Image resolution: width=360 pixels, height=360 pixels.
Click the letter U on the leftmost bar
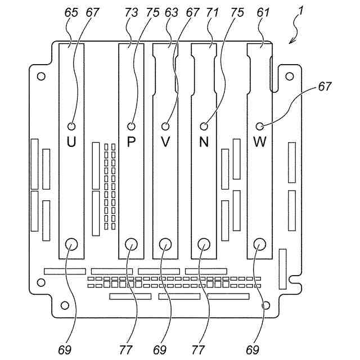(x=71, y=142)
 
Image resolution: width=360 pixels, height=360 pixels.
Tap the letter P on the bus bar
(x=131, y=142)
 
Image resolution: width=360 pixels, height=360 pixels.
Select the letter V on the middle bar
(x=165, y=142)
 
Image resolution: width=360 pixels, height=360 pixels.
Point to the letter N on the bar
(x=204, y=142)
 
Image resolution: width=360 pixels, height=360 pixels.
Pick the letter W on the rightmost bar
(x=259, y=142)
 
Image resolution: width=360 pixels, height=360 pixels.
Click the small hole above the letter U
(x=71, y=126)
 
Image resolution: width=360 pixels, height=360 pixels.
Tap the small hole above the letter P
(x=132, y=126)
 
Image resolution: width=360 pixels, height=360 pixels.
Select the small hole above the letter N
(x=204, y=126)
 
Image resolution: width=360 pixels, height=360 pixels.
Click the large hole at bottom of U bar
(x=71, y=244)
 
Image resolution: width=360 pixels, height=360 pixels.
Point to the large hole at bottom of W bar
(x=259, y=244)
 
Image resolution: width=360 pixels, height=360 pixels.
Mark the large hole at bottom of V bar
(x=165, y=244)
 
